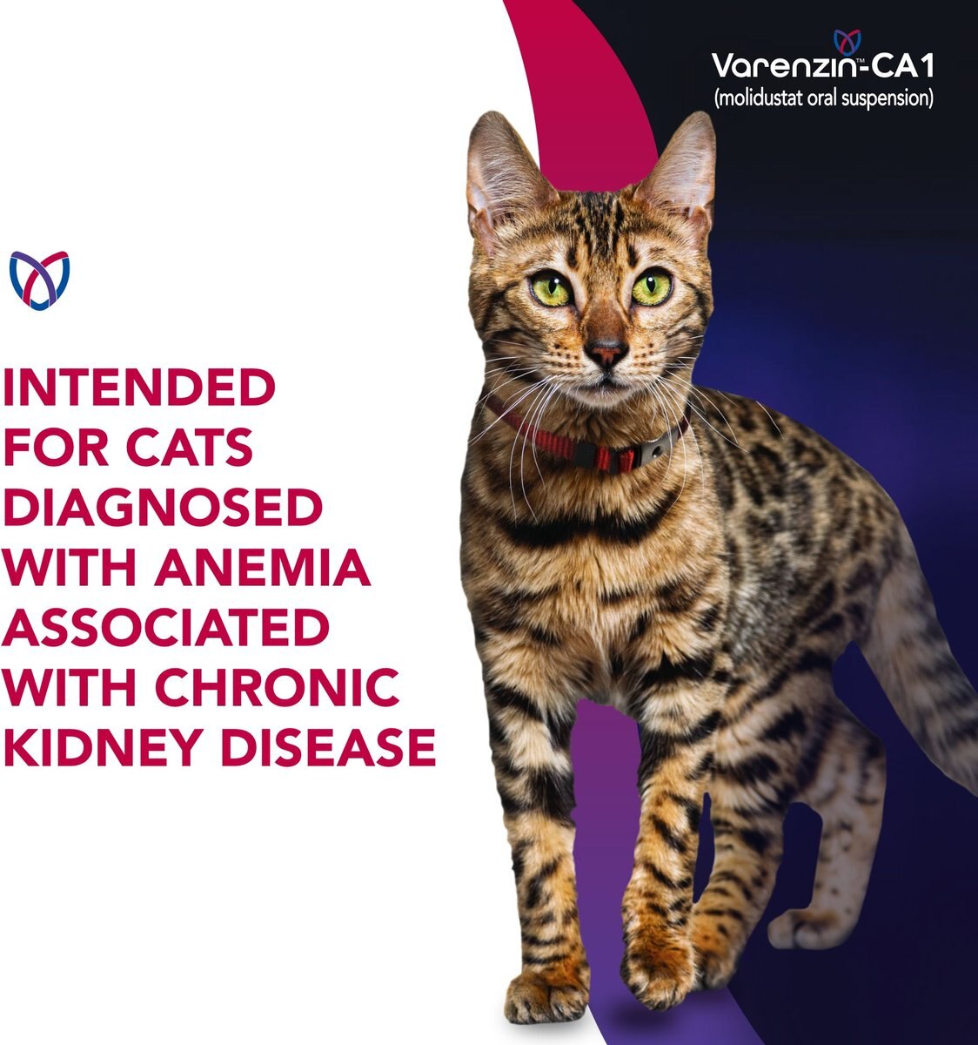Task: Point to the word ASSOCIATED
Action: pyautogui.click(x=166, y=627)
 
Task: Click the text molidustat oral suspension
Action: pyautogui.click(x=823, y=98)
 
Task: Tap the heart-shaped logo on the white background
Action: pyautogui.click(x=38, y=280)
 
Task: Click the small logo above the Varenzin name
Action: pyautogui.click(x=847, y=40)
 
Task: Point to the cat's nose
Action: pyautogui.click(x=606, y=352)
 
